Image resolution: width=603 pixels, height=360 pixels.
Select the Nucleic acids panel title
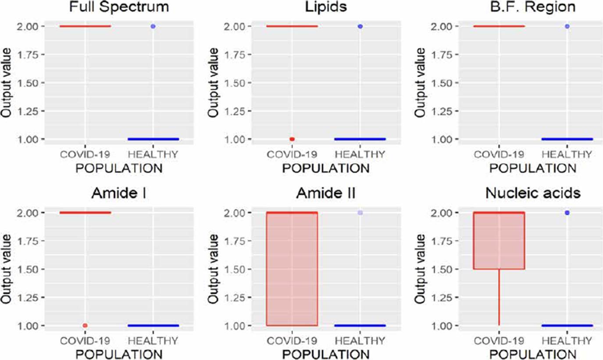tap(533, 193)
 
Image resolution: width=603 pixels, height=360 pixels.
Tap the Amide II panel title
tap(326, 193)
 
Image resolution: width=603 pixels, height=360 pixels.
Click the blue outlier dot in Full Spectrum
tap(153, 26)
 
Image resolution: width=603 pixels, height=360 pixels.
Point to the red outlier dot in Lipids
tap(292, 139)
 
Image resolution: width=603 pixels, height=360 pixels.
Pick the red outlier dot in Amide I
tap(85, 325)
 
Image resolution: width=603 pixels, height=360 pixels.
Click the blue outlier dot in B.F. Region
tap(567, 26)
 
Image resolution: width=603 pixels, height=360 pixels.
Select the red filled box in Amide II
tap(292, 269)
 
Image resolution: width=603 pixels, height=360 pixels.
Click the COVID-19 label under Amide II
tap(292, 341)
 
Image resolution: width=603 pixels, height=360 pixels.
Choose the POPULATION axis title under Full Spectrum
tap(119, 168)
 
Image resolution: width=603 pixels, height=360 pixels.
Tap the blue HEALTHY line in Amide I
tap(153, 325)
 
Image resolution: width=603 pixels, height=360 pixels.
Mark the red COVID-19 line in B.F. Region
tap(499, 26)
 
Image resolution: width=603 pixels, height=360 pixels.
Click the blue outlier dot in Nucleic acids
tap(567, 213)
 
